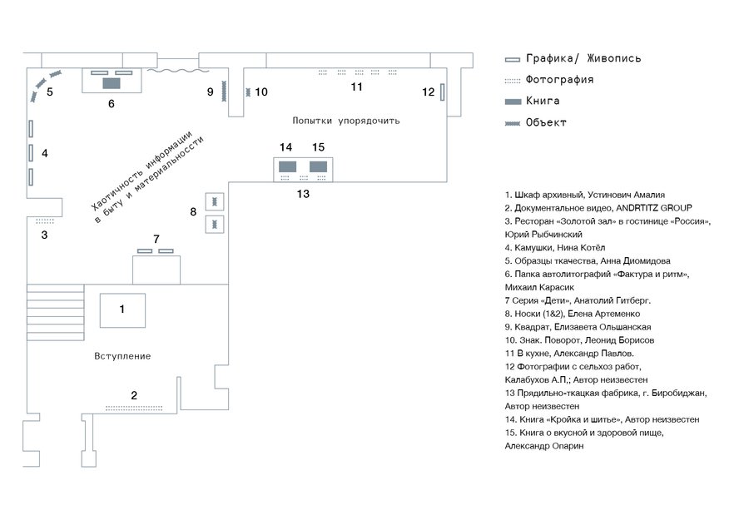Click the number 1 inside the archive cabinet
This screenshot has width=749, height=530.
pyautogui.click(x=122, y=309)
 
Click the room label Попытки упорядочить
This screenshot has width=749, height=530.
pyautogui.click(x=346, y=121)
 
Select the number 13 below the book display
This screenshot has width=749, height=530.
pyautogui.click(x=303, y=194)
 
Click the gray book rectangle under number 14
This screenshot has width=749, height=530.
pyautogui.click(x=287, y=166)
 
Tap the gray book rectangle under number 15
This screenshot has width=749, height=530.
pyautogui.click(x=318, y=166)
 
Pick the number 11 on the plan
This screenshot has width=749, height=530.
pyautogui.click(x=356, y=87)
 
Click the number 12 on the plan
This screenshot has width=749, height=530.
pyautogui.click(x=428, y=92)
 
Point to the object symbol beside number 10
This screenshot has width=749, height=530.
pyautogui.click(x=247, y=92)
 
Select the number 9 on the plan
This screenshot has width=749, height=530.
pyautogui.click(x=211, y=92)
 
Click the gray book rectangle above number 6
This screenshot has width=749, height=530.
pyautogui.click(x=111, y=82)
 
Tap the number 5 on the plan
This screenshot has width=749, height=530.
pyautogui.click(x=50, y=92)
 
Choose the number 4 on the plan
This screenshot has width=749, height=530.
pyautogui.click(x=45, y=153)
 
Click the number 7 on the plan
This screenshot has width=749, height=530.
pyautogui.click(x=156, y=239)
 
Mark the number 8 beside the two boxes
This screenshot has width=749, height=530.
pyautogui.click(x=193, y=212)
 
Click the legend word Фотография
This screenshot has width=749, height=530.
pyautogui.click(x=559, y=80)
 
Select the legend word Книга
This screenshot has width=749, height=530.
pyautogui.click(x=543, y=101)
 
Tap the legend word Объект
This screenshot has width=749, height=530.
pyautogui.click(x=546, y=122)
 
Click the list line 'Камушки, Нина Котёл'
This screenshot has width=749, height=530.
pyautogui.click(x=555, y=247)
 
